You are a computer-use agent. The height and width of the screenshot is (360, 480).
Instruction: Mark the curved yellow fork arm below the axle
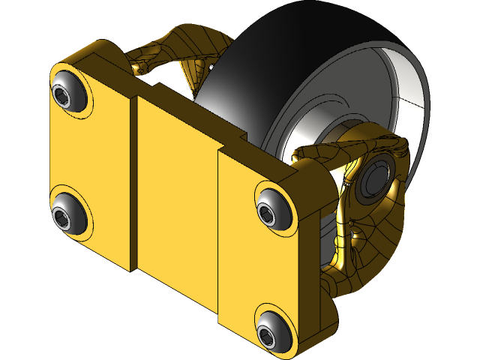[375, 247]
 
